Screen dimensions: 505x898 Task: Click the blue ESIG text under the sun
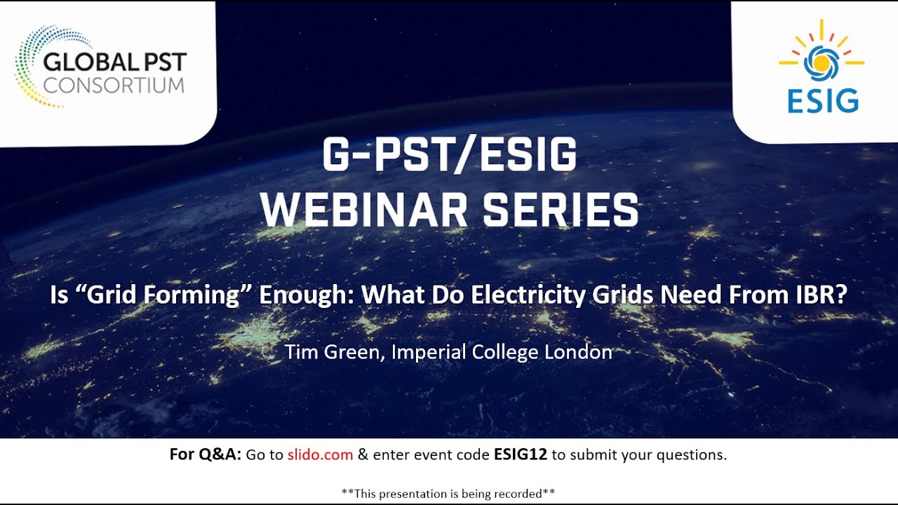822,100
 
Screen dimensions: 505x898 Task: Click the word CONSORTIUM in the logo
114,86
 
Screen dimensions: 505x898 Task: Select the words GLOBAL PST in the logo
114,62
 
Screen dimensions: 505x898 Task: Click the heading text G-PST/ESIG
449,156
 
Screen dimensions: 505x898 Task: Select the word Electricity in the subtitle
526,295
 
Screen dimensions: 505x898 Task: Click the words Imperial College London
502,351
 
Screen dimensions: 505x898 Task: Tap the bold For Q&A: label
206,454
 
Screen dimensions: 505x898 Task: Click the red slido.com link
320,454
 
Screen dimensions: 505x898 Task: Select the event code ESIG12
520,454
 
